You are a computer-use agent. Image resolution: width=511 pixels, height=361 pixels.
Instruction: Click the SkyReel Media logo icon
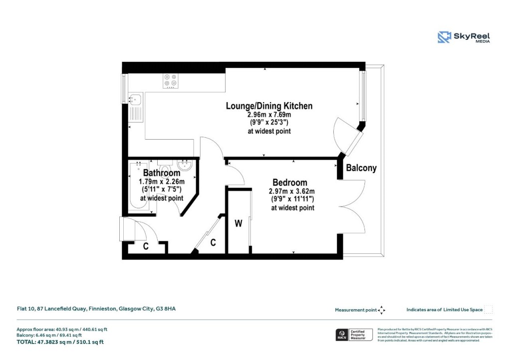click(x=444, y=37)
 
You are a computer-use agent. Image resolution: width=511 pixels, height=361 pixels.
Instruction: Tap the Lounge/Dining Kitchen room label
click(x=269, y=106)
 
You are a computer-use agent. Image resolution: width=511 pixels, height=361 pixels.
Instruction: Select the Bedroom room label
click(x=289, y=182)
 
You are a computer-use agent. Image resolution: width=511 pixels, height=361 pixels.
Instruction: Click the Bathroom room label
click(x=161, y=173)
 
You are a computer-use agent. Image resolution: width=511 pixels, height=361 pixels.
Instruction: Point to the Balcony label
click(x=361, y=169)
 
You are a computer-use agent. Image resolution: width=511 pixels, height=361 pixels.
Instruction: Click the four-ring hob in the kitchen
click(x=171, y=81)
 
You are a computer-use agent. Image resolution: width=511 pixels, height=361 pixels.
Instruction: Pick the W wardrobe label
click(x=239, y=224)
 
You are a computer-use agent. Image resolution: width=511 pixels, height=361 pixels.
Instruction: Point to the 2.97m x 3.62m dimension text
click(x=292, y=191)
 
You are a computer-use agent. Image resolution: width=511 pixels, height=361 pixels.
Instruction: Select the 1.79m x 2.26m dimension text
click(x=161, y=181)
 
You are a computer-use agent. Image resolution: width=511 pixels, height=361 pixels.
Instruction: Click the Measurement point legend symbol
click(x=382, y=310)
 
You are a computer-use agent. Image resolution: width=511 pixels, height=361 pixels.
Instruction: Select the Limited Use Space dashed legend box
click(x=489, y=309)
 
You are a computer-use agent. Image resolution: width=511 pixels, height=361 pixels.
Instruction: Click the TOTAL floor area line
click(x=60, y=342)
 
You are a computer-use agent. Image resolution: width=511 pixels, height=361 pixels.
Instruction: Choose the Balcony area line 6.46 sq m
click(x=62, y=336)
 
